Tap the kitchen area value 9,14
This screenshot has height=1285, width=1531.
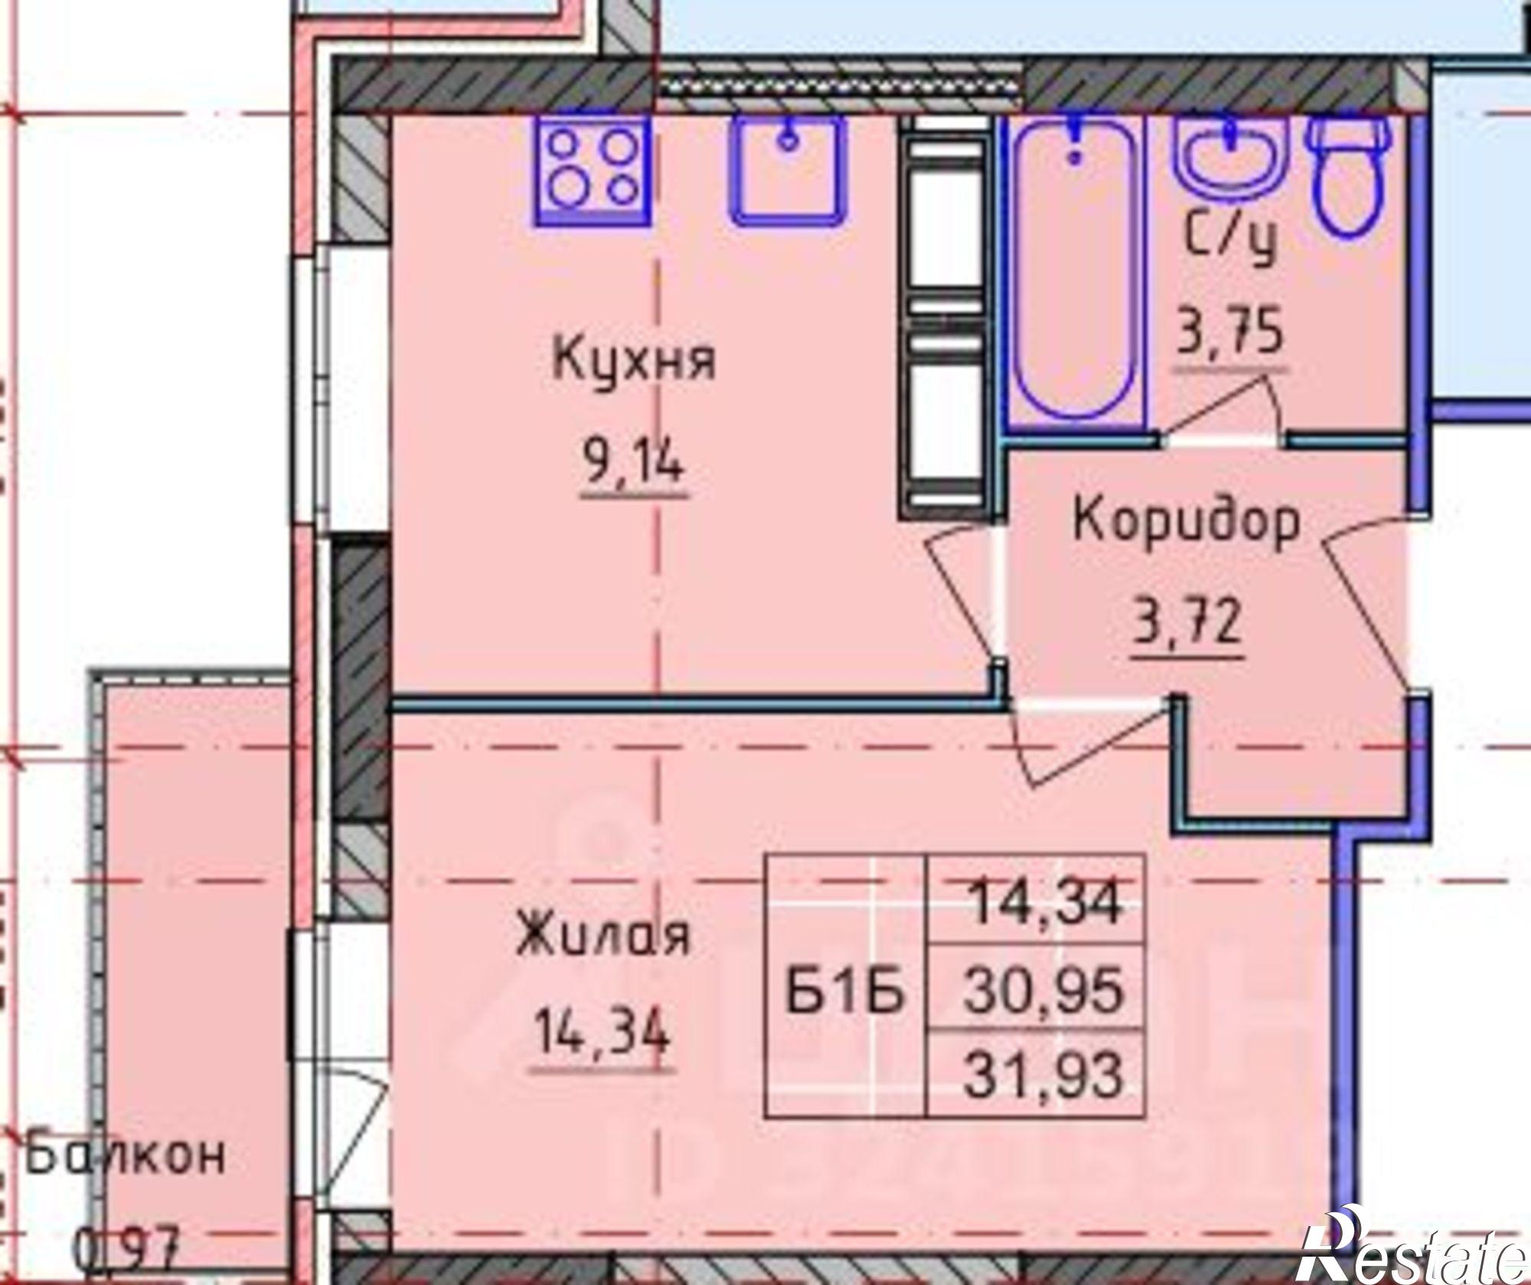tap(634, 463)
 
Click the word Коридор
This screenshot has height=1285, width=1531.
tap(1187, 523)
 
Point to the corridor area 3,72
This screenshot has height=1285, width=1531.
tap(1187, 622)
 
